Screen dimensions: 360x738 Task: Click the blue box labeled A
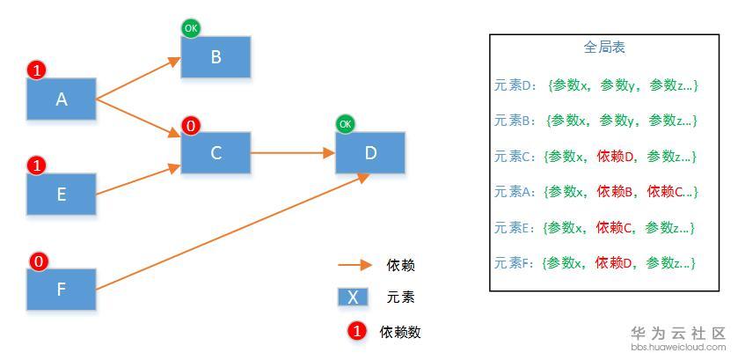(x=62, y=99)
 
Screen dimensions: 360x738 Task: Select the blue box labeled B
(x=216, y=57)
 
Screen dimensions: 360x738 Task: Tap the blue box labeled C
(x=216, y=153)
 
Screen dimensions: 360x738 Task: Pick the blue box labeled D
(x=370, y=153)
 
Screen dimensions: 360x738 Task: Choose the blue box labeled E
(x=62, y=194)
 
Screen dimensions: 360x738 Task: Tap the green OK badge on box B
(x=191, y=29)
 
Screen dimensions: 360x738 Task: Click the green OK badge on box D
(x=345, y=124)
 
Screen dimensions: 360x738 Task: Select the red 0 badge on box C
(x=191, y=126)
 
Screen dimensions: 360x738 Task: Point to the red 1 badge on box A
(x=37, y=70)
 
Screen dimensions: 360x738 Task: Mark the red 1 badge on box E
(x=37, y=165)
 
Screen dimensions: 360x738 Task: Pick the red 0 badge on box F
(x=37, y=261)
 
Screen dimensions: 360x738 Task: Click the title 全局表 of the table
(x=603, y=48)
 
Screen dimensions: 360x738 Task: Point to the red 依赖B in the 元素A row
(x=616, y=191)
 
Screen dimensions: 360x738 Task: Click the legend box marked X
(x=353, y=297)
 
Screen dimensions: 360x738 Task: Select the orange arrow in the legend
(x=355, y=264)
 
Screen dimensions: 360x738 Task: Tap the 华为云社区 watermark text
(x=676, y=334)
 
